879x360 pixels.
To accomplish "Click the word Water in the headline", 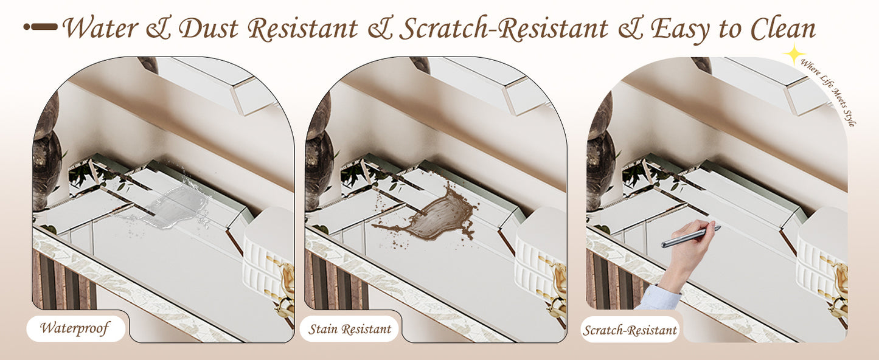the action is click(x=101, y=28).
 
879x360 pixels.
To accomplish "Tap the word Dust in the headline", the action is click(x=209, y=28).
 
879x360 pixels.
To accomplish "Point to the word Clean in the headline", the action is click(x=783, y=28).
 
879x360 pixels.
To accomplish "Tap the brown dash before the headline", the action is click(x=40, y=27).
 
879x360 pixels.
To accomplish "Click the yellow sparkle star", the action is click(x=794, y=54).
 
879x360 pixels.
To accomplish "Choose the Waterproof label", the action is click(x=76, y=328).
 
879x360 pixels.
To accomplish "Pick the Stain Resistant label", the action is click(x=349, y=329).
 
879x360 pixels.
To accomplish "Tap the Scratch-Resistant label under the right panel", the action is click(x=630, y=330).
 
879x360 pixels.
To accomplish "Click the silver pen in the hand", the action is click(x=690, y=237).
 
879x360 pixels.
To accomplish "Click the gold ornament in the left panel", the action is click(x=287, y=290).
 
